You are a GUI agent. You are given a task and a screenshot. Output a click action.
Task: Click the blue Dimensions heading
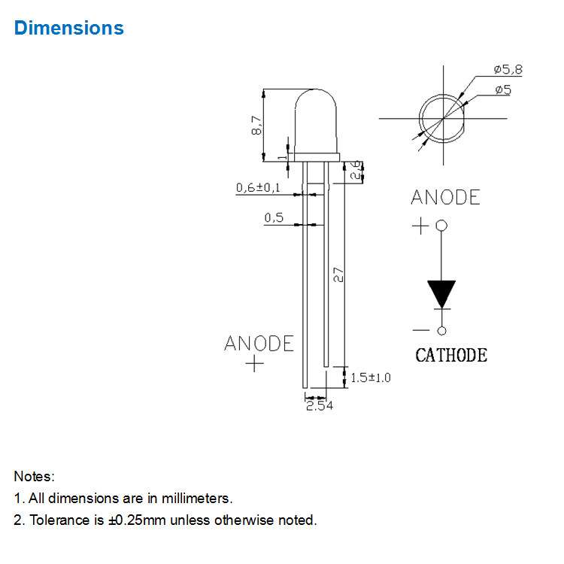(x=68, y=28)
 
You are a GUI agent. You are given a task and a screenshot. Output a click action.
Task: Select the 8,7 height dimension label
(x=256, y=125)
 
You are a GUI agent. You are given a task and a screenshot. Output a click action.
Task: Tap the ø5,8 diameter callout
(x=508, y=69)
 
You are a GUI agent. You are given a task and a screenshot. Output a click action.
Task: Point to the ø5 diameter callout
(x=503, y=89)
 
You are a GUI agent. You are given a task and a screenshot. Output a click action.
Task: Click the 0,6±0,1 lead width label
(x=258, y=187)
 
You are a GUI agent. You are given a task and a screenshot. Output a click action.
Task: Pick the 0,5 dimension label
(x=274, y=217)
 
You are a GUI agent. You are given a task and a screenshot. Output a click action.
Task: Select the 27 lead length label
(x=338, y=274)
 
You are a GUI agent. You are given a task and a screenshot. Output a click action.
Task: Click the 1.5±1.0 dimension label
(x=371, y=378)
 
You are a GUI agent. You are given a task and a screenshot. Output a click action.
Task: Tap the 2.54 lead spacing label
(x=320, y=406)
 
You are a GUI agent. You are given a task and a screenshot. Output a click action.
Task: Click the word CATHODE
(x=451, y=355)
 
